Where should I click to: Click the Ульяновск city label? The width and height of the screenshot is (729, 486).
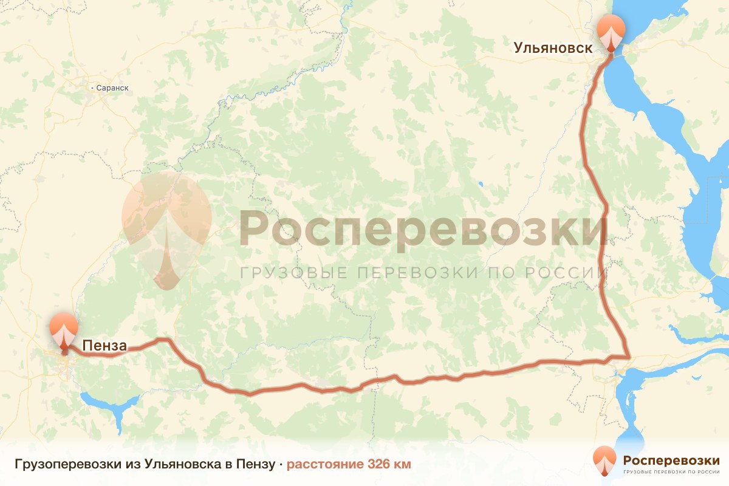[553, 48]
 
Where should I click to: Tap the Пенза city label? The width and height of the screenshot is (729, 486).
[104, 346]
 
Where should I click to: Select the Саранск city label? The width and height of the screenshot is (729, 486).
[112, 88]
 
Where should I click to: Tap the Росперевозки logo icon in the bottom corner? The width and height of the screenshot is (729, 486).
[604, 460]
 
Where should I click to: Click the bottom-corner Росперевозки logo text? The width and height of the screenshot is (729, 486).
[671, 460]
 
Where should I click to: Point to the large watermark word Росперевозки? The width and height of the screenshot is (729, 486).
[422, 230]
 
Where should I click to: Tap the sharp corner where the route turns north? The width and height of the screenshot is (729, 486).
[629, 357]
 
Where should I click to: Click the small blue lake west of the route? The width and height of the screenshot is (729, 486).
[480, 183]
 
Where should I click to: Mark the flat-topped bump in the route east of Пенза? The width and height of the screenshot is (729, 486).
[162, 340]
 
